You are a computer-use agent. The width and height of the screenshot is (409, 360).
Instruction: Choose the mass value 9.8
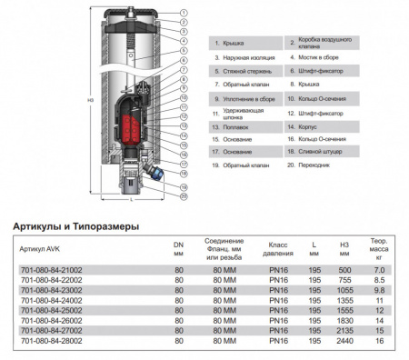tap(380, 291)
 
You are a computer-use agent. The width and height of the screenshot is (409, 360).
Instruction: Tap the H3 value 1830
tap(345, 321)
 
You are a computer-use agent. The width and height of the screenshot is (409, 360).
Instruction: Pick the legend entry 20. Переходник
tap(314, 165)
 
